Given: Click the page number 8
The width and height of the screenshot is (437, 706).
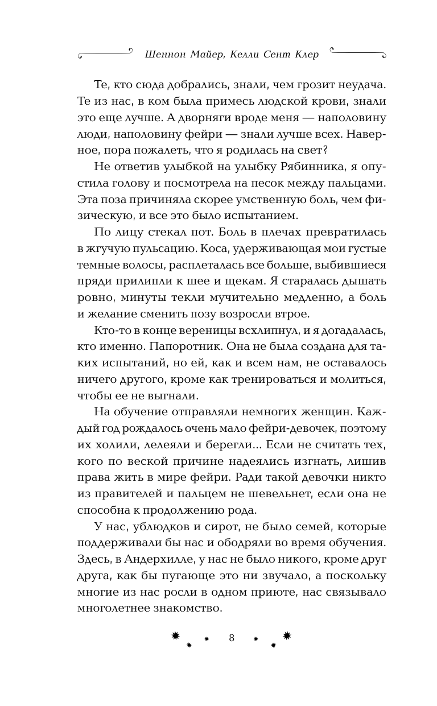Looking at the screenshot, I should (x=232, y=638).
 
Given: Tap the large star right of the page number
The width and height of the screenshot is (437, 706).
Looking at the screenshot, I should (x=287, y=635).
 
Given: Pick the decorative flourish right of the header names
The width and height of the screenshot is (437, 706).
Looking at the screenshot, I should (x=356, y=55).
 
